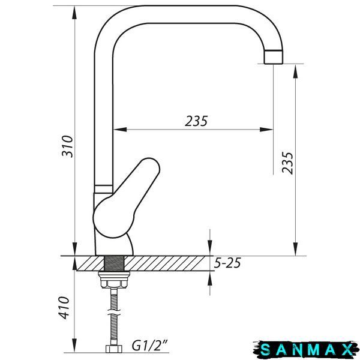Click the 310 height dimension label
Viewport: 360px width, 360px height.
[x=67, y=146]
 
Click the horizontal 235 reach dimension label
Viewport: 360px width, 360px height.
[x=196, y=121]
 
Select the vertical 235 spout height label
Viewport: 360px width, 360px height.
[x=287, y=163]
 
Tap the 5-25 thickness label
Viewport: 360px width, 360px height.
[x=227, y=263]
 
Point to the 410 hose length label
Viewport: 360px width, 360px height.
[x=64, y=308]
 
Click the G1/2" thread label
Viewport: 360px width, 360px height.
[x=149, y=346]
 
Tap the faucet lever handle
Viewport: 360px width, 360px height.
[x=126, y=198]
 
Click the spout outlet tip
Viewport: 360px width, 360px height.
[x=273, y=57]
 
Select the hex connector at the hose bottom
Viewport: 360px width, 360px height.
[x=114, y=349]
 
